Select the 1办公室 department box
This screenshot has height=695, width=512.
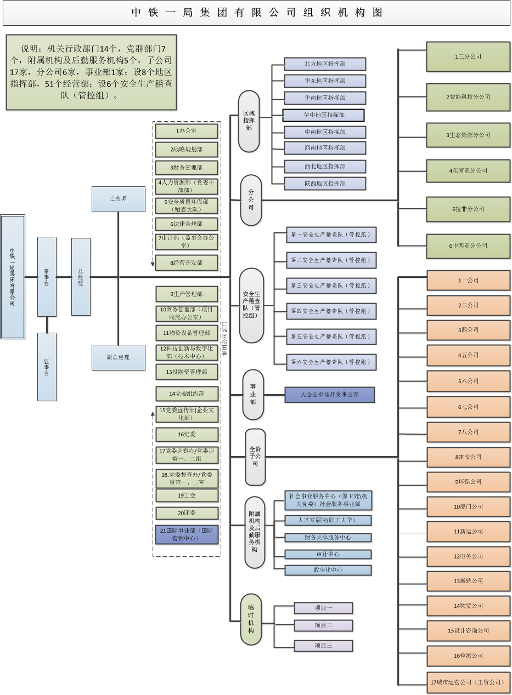point(187,131)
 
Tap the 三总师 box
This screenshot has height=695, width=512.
point(119,198)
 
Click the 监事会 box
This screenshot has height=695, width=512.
point(47,367)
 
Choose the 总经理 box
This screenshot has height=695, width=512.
point(81,277)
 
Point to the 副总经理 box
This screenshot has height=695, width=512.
point(119,357)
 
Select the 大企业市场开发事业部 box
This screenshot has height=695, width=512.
point(330,395)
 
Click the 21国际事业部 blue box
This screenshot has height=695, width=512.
point(187,534)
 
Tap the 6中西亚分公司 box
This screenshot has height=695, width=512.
point(468,246)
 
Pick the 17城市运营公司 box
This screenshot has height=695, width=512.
point(468,682)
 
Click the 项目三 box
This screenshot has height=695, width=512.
point(323,645)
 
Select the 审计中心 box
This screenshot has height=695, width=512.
point(328,554)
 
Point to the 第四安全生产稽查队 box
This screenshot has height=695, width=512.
point(331,311)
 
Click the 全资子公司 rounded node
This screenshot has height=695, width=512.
point(255,457)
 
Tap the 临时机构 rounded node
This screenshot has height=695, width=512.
point(251,619)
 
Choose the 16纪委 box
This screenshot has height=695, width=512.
point(187,435)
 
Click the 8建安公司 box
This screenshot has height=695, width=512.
point(468,457)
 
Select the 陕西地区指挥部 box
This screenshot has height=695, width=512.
point(325,183)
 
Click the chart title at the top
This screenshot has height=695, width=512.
point(257,13)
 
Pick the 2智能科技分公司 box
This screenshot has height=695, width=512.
point(468,97)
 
